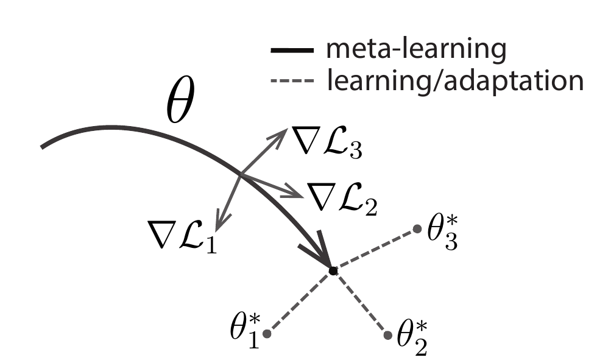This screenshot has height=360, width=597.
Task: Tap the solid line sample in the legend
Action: click(292, 51)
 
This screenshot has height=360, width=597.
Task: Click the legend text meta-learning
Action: click(416, 49)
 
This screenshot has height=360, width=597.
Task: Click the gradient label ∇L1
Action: click(183, 235)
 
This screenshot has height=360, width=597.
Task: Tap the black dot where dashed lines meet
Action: click(333, 270)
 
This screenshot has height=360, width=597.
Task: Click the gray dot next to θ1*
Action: click(266, 334)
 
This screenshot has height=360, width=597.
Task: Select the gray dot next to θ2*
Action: click(387, 334)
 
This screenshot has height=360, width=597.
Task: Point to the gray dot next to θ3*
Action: click(417, 229)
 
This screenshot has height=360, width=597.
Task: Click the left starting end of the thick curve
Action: click(43, 146)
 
